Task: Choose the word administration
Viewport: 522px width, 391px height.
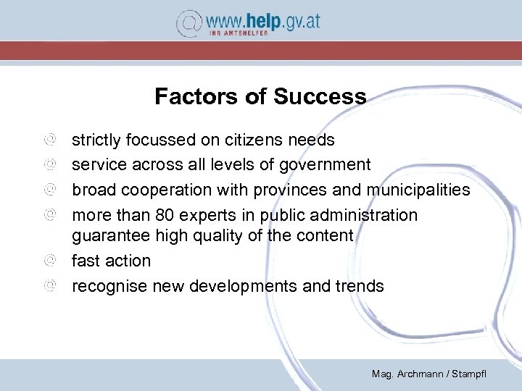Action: pyautogui.click(x=368, y=215)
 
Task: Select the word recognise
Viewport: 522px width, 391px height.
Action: pyautogui.click(x=109, y=286)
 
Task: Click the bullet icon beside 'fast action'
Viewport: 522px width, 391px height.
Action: pyautogui.click(x=49, y=260)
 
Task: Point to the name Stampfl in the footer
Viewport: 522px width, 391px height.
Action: pyautogui.click(x=470, y=374)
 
